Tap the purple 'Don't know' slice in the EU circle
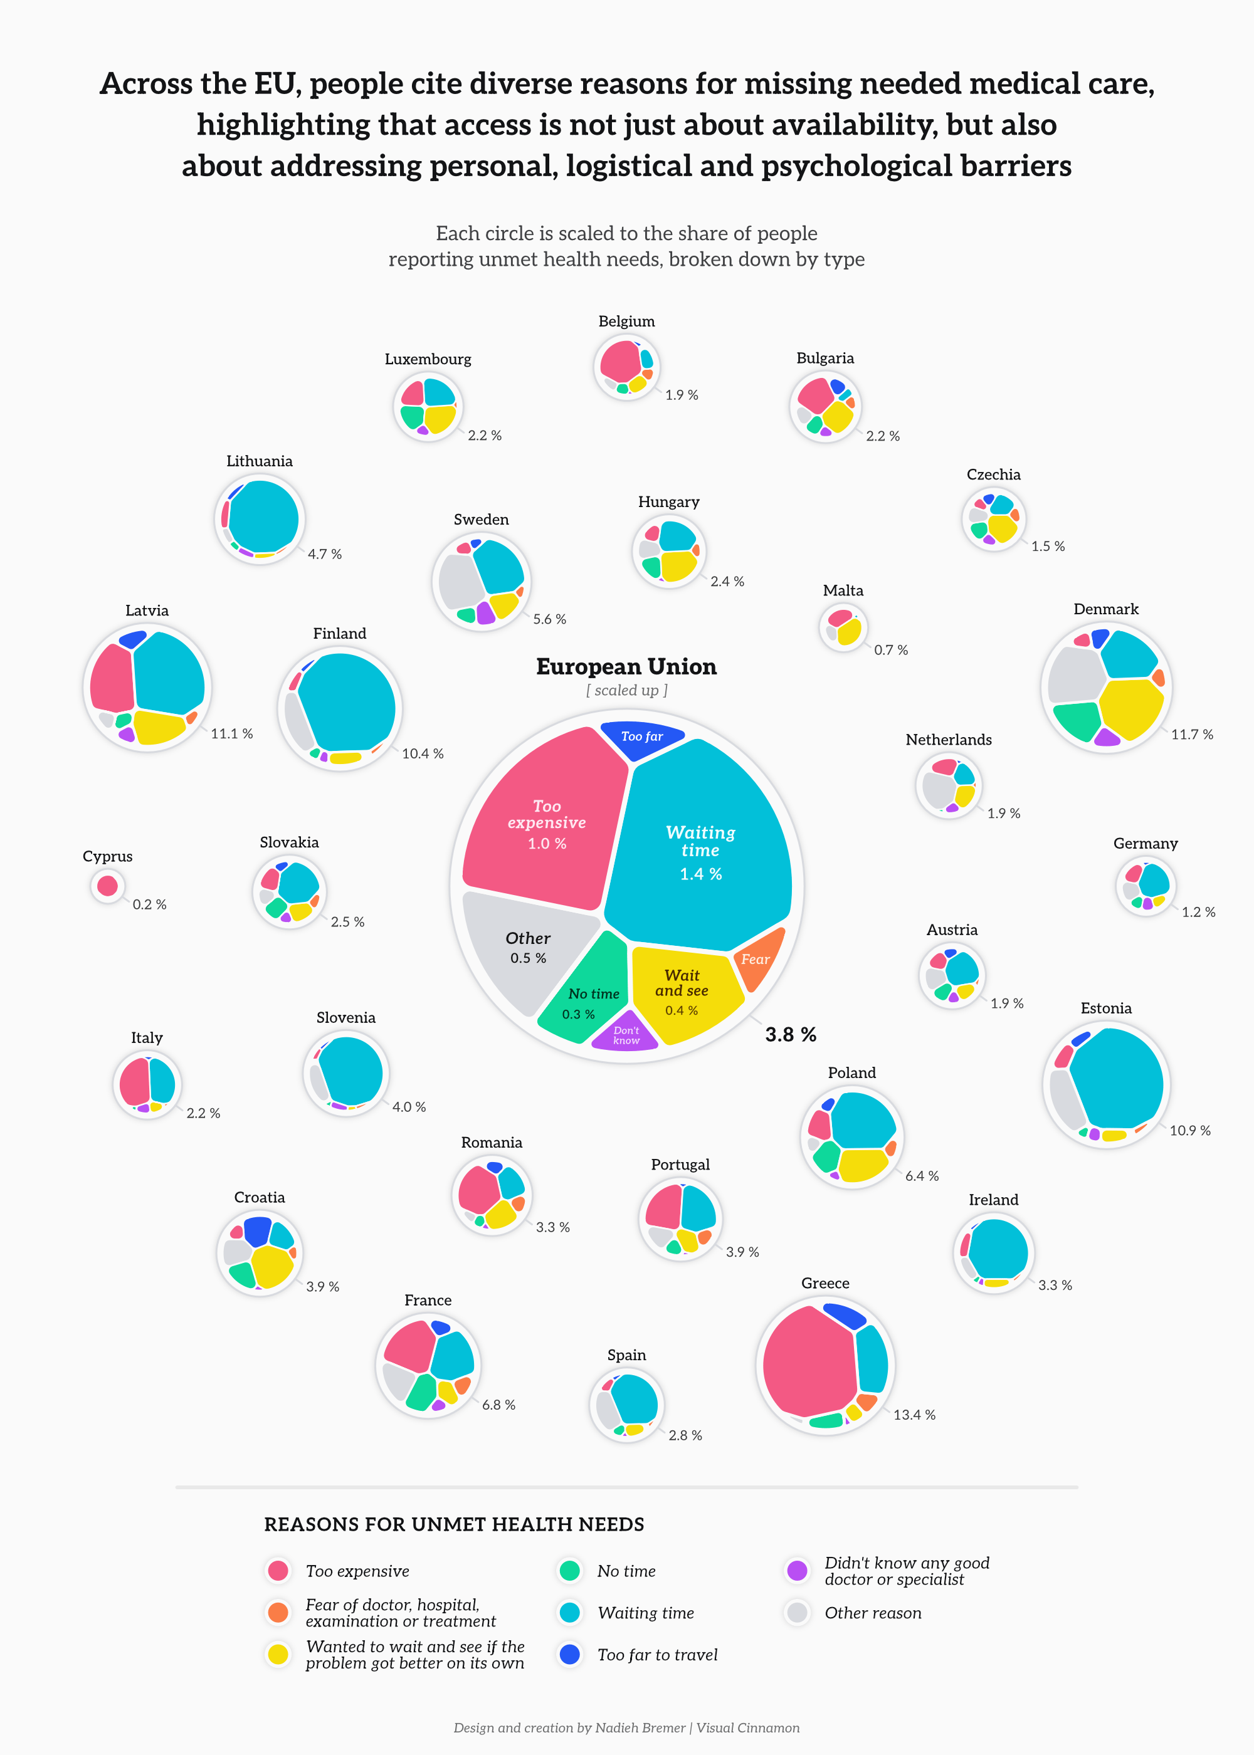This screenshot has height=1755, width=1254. tap(626, 1035)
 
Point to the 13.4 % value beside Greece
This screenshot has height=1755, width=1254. tap(914, 1415)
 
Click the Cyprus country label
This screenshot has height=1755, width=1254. tap(107, 857)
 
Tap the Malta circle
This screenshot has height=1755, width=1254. tap(843, 627)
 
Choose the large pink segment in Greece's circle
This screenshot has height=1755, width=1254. tap(807, 1362)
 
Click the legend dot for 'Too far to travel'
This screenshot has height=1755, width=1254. tap(569, 1655)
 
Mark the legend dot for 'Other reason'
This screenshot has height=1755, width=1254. tap(797, 1613)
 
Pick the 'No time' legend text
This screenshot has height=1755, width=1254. tap(626, 1571)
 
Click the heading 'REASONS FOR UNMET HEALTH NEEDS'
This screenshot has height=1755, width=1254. tap(454, 1524)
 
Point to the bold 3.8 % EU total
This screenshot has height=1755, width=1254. tap(790, 1035)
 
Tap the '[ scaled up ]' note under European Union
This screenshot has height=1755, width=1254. tap(626, 691)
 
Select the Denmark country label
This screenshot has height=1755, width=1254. tap(1106, 609)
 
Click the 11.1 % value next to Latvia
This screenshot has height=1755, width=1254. tap(231, 733)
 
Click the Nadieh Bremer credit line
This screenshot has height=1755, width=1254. tap(626, 1728)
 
